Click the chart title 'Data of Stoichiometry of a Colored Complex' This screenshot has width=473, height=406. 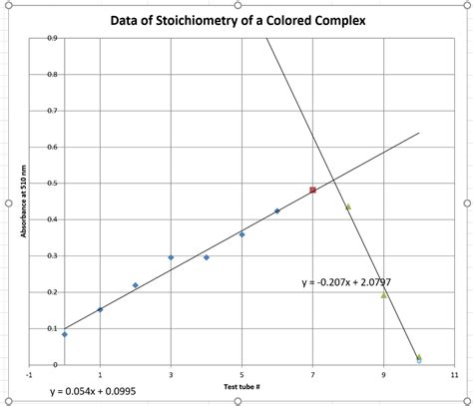coord(236,21)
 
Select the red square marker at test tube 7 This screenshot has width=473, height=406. coord(312,190)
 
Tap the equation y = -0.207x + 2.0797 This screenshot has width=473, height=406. coord(346,282)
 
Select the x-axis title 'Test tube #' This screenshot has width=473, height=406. coord(241,384)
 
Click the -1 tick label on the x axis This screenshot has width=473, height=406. coord(30,375)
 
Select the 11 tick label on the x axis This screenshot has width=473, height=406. coord(454,375)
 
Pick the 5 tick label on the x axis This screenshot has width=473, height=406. coord(241,375)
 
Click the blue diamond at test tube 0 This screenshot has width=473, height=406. coord(65,334)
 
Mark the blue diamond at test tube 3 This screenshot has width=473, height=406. coord(171,257)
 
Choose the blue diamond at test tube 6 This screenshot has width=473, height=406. coord(276,211)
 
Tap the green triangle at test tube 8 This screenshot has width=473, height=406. coord(347,207)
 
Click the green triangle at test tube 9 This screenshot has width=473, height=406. coord(383,294)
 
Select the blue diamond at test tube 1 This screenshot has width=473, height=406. coord(100,309)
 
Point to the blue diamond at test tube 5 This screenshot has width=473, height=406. coord(241,234)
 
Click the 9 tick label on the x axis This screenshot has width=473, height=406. coord(383,375)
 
